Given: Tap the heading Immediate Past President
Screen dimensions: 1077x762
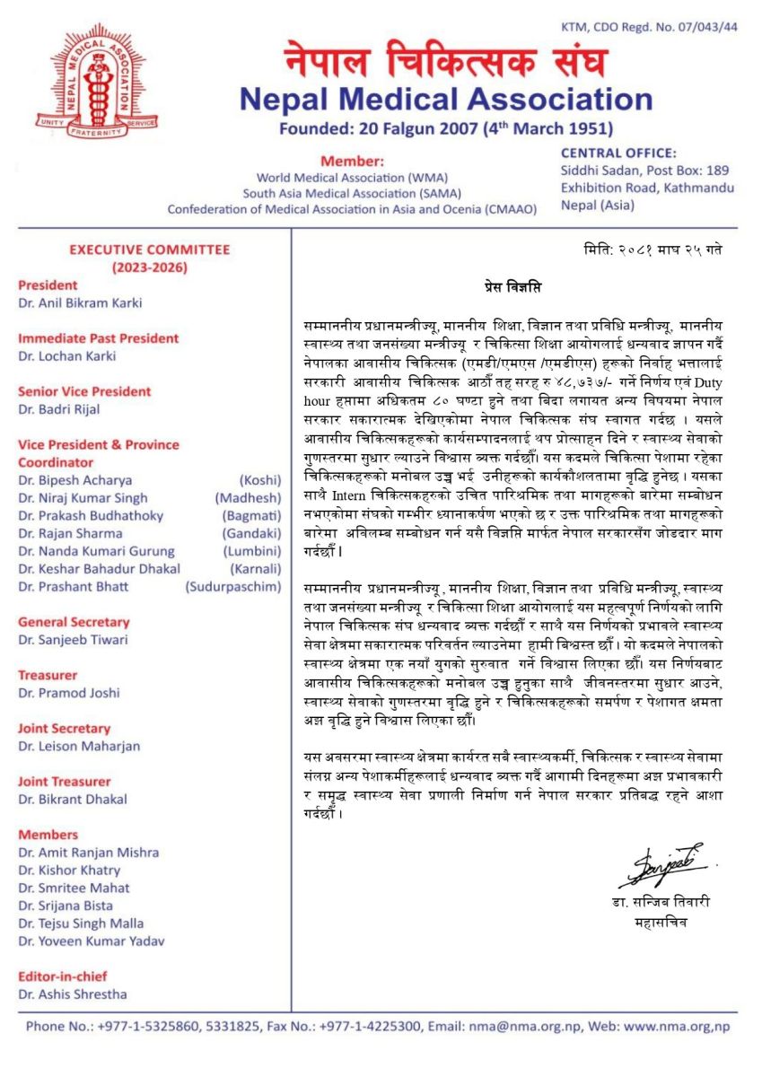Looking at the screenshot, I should click(99, 338).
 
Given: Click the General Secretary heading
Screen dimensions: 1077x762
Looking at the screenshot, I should click(74, 622).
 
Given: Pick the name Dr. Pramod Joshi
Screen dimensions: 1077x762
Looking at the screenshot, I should click(69, 693).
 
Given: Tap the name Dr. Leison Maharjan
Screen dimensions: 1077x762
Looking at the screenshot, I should click(79, 746).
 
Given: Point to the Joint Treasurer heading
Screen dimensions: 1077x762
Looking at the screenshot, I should click(65, 782).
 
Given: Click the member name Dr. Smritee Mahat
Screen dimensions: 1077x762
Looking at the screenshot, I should click(74, 888).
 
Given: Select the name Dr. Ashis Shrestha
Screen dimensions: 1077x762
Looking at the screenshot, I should click(73, 994).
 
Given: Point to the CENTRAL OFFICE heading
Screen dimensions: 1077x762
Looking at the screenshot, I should click(619, 153).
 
